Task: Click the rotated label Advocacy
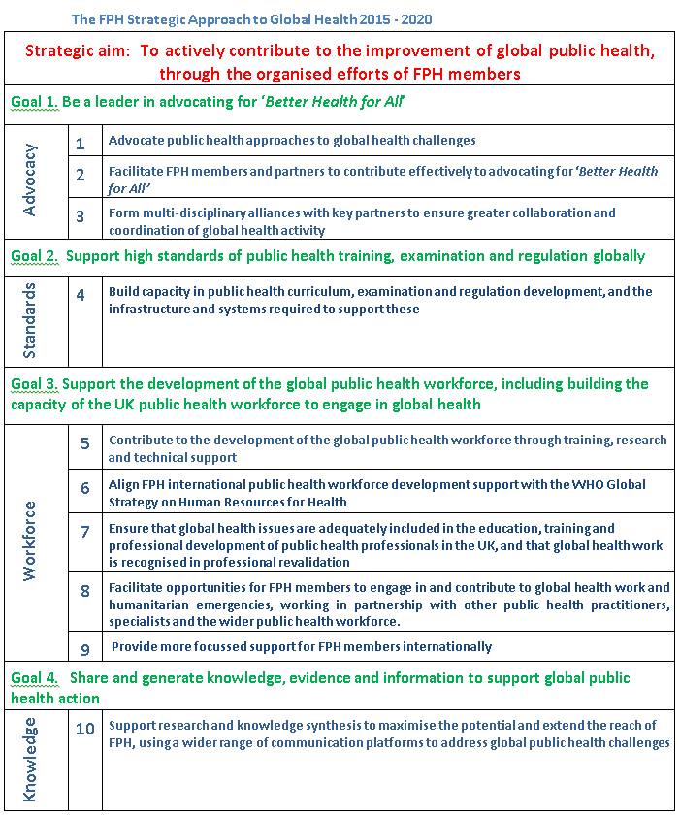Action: [x=30, y=180]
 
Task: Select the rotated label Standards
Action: [x=30, y=320]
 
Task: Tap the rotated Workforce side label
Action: [x=30, y=540]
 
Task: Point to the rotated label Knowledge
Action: [x=30, y=759]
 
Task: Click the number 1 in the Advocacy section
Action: [x=81, y=144]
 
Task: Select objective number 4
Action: [x=81, y=294]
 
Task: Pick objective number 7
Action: [x=85, y=532]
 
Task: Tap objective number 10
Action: [x=85, y=728]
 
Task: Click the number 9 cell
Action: [x=85, y=647]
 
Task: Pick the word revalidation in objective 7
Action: [x=313, y=563]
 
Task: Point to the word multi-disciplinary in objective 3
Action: [x=188, y=213]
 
